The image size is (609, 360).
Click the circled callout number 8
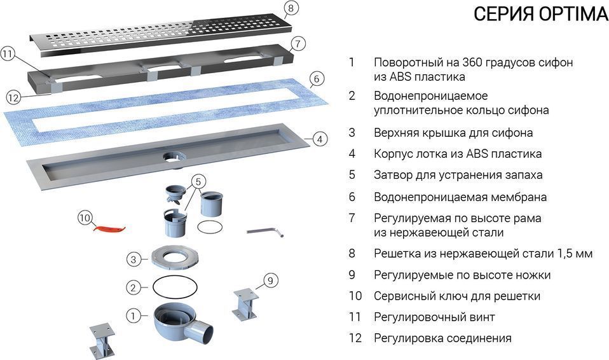(x=290, y=8)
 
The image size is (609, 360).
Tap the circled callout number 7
(x=298, y=44)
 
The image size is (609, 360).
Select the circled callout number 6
(x=317, y=80)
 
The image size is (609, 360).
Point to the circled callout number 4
(x=320, y=138)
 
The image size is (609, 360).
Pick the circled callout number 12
(x=13, y=97)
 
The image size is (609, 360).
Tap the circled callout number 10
(x=85, y=218)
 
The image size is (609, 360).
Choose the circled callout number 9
(x=270, y=280)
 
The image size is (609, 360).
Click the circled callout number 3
(x=133, y=259)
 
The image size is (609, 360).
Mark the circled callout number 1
(x=133, y=314)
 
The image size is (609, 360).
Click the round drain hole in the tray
(x=172, y=156)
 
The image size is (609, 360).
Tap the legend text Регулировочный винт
(x=434, y=317)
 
